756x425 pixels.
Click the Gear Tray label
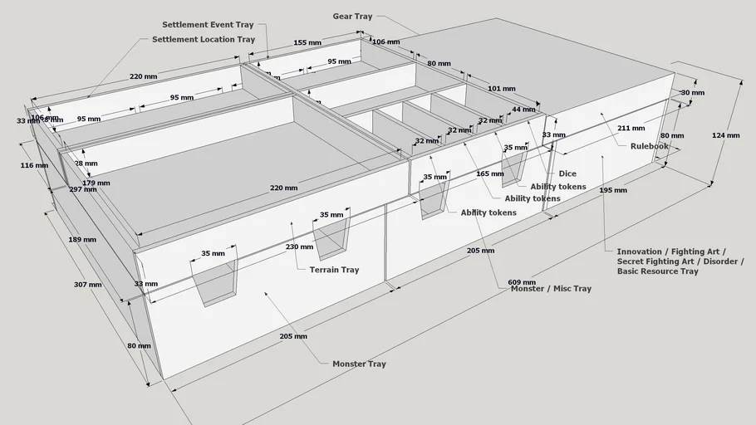[352, 16]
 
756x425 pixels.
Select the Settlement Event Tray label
[208, 25]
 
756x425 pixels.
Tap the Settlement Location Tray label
[203, 39]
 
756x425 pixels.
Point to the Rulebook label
[649, 146]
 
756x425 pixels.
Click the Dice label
[567, 173]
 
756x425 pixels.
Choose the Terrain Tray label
[334, 270]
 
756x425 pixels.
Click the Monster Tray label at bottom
[359, 364]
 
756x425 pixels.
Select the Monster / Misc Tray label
[552, 289]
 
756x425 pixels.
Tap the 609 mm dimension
[521, 282]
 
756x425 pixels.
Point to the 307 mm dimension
[87, 285]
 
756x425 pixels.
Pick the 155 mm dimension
[307, 42]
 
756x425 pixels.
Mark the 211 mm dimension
[631, 128]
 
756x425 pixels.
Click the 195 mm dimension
[613, 190]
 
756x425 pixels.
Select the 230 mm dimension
[299, 247]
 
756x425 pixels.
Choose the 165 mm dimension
[490, 173]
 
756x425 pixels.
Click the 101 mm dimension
[501, 88]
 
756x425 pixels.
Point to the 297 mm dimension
[83, 189]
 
